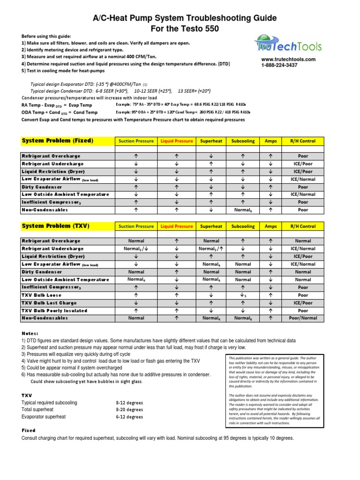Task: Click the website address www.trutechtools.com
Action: click(288, 60)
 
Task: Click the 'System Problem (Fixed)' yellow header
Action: click(58, 141)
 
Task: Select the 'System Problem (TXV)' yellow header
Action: click(55, 226)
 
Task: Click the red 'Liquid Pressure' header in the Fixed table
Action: click(177, 141)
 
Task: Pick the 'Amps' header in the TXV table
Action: click(270, 226)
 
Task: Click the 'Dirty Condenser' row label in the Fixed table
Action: click(42, 187)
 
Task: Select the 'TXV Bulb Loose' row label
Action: click(41, 295)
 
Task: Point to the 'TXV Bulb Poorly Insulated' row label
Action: click(54, 310)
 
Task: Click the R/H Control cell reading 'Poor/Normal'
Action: click(303, 318)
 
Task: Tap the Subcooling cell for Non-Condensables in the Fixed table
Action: click(243, 210)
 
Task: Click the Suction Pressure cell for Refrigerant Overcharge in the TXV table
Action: click(136, 241)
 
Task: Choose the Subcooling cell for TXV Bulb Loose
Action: click(243, 295)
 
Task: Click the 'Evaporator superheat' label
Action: click(44, 416)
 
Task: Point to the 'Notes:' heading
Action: click(31, 333)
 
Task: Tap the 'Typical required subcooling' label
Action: click(49, 403)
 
